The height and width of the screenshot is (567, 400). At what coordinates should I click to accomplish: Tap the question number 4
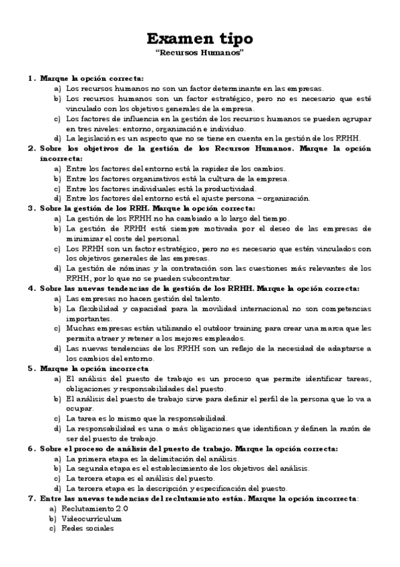tap(31, 288)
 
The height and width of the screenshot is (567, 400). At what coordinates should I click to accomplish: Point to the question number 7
tap(31, 498)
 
